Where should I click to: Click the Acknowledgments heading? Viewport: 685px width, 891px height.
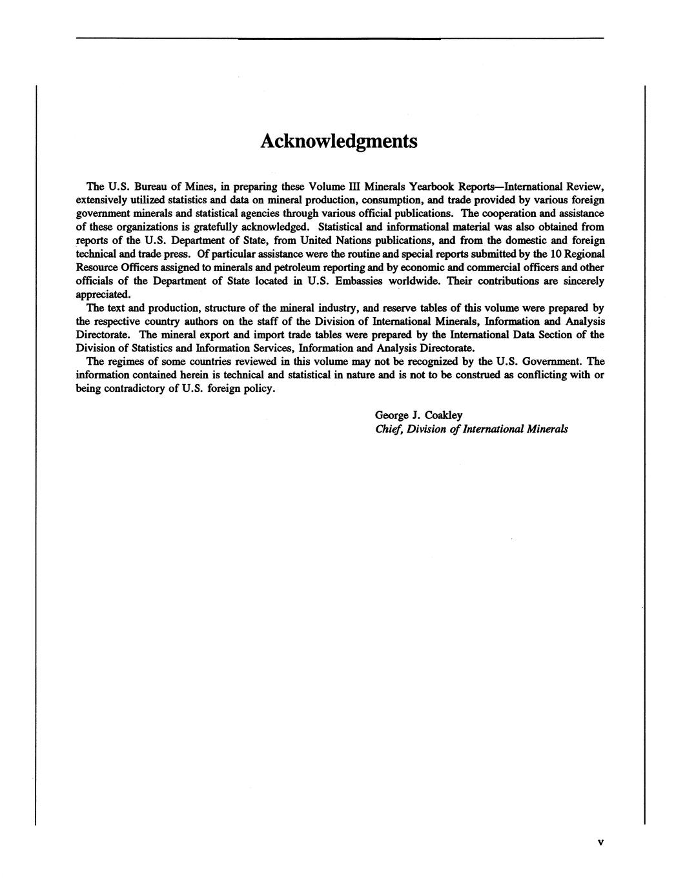pyautogui.click(x=338, y=141)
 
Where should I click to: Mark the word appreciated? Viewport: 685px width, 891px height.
pyautogui.click(x=103, y=294)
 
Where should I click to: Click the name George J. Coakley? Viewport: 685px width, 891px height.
pyautogui.click(x=418, y=415)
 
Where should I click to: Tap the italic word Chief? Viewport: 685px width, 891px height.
pyautogui.click(x=388, y=429)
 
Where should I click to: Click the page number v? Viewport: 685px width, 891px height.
pyautogui.click(x=600, y=842)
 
